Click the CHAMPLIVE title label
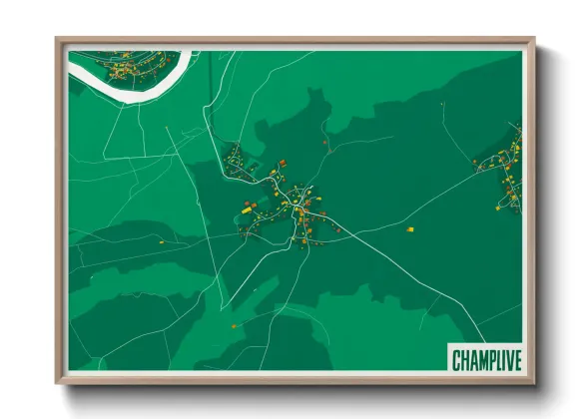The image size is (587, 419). pos(483,358)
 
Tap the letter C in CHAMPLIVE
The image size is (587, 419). pos(455,358)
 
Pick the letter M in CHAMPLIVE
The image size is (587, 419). pos(476,358)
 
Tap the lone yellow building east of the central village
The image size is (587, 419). pos(409,229)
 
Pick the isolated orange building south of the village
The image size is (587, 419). pos(235,325)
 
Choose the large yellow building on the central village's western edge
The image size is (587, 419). pos(246,209)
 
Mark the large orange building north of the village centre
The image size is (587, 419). pos(283,162)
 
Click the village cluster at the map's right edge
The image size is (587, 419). pos(503,170)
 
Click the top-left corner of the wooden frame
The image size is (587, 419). pos(58,40)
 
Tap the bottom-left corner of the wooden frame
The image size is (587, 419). pos(58,382)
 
